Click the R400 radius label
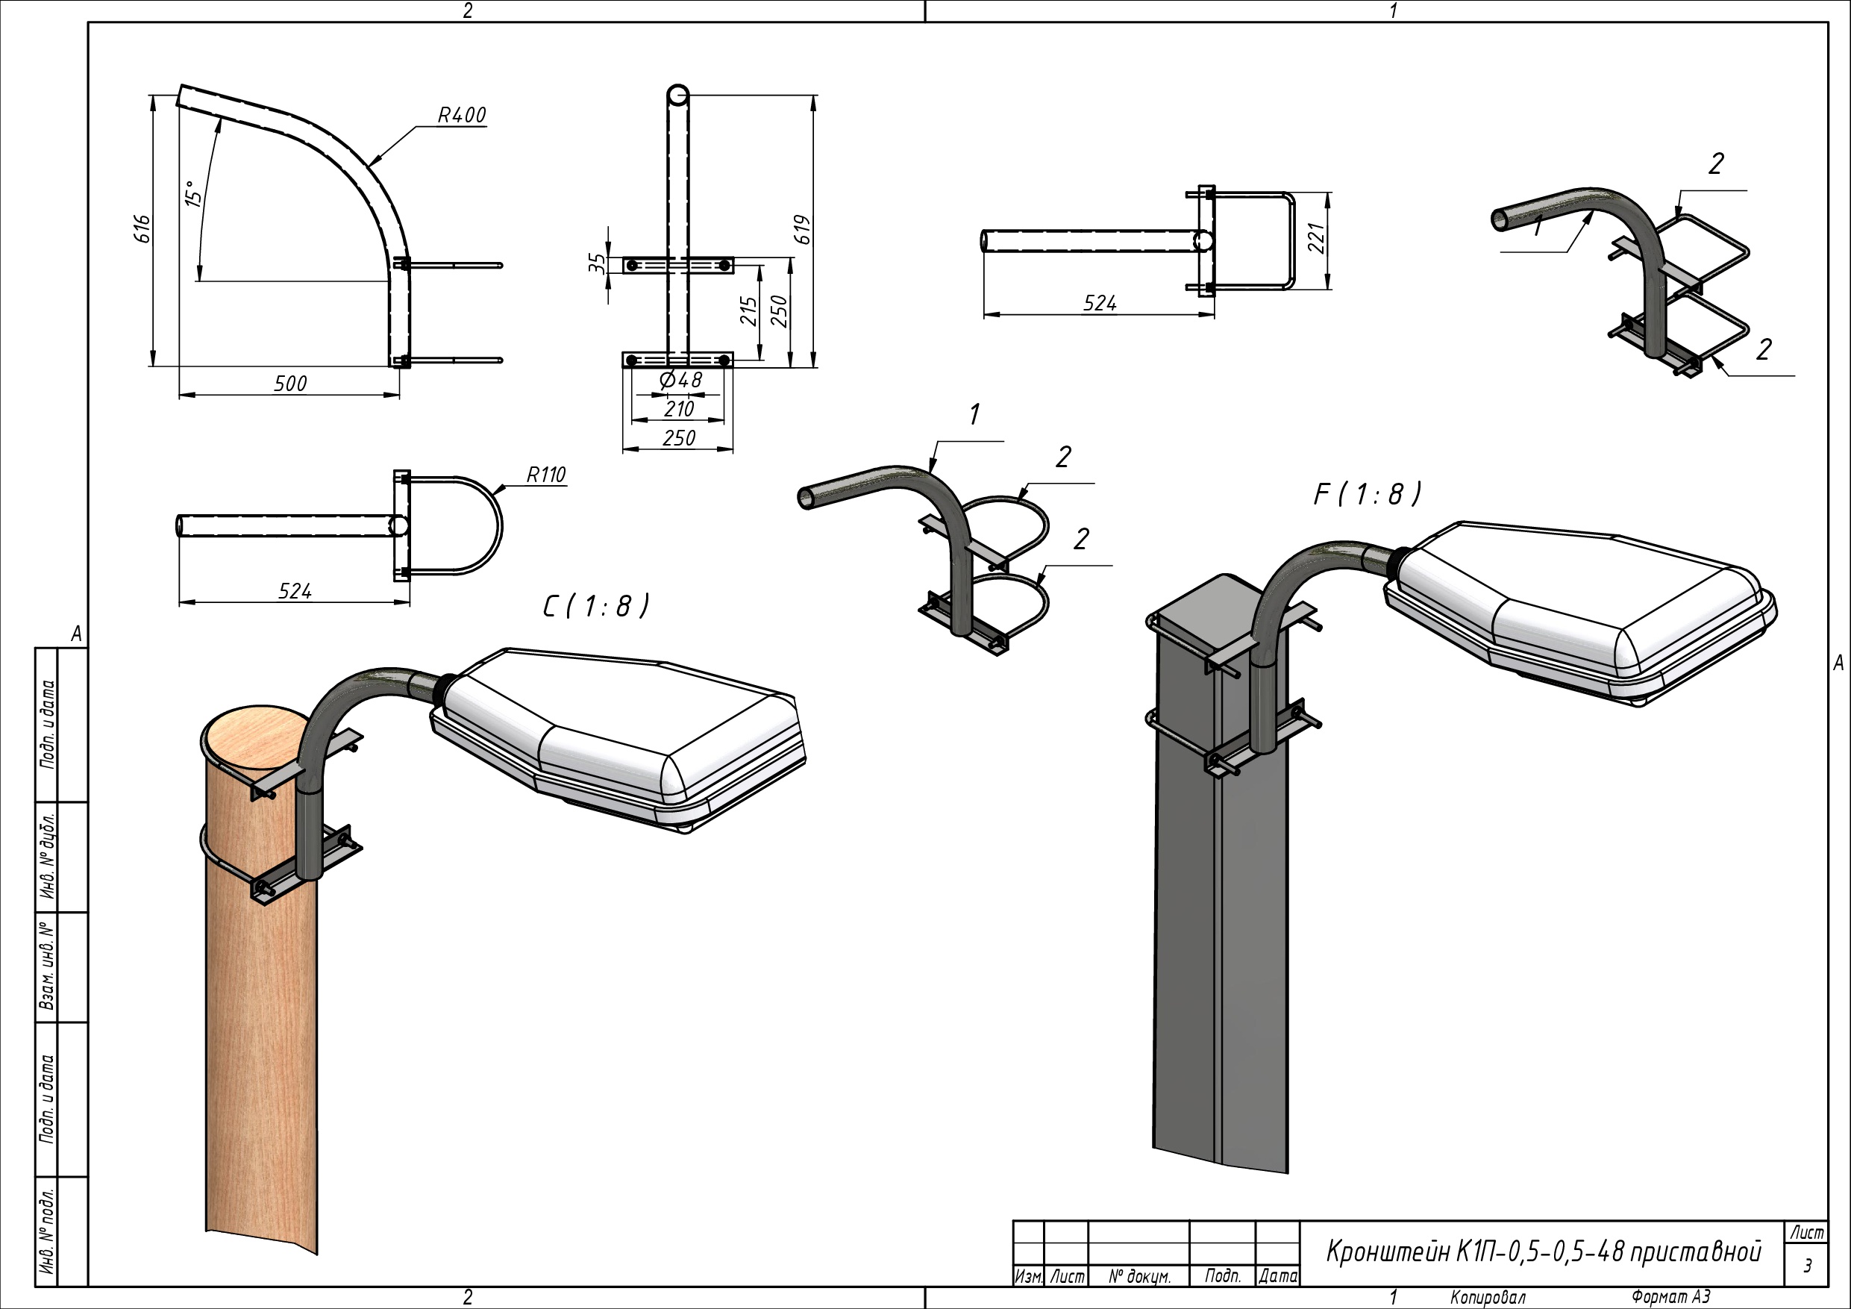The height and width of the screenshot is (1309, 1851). pyautogui.click(x=462, y=116)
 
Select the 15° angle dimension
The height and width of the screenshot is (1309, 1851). pyautogui.click(x=192, y=193)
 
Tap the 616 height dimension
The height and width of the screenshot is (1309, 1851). pyautogui.click(x=142, y=229)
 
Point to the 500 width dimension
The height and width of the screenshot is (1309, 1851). pyautogui.click(x=290, y=384)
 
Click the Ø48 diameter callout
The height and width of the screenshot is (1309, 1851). pyautogui.click(x=680, y=380)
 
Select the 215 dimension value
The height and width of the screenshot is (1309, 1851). pyautogui.click(x=749, y=311)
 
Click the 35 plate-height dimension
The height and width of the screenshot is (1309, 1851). pyautogui.click(x=597, y=262)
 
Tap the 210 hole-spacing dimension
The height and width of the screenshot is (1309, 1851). pyautogui.click(x=679, y=410)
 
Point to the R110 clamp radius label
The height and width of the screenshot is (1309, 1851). pyautogui.click(x=546, y=475)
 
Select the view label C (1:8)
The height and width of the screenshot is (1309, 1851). pyautogui.click(x=595, y=607)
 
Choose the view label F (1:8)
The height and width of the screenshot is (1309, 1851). pyautogui.click(x=1368, y=494)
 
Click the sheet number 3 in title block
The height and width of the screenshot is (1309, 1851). pyautogui.click(x=1808, y=1266)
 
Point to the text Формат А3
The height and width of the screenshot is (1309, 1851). pyautogui.click(x=1670, y=1297)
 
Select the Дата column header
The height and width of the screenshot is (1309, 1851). pyautogui.click(x=1278, y=1277)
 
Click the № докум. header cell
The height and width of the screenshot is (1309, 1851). pyautogui.click(x=1139, y=1277)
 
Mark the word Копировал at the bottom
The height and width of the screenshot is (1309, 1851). pyautogui.click(x=1488, y=1297)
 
